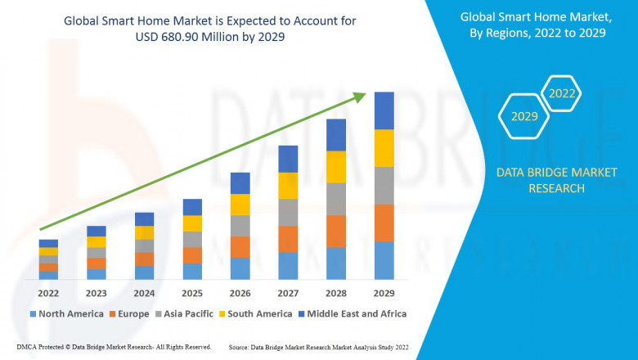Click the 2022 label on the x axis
click(48, 293)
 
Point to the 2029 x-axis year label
click(384, 293)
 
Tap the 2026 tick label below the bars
click(240, 293)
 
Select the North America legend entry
click(66, 313)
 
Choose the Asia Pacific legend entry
click(183, 313)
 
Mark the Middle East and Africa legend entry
click(353, 313)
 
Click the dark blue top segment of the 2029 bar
click(384, 110)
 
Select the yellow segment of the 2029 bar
click(384, 148)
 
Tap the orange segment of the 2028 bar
click(336, 232)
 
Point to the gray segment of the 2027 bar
click(288, 213)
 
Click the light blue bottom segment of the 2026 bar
click(240, 269)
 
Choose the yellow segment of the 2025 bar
click(192, 223)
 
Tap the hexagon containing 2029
click(524, 117)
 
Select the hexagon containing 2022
click(561, 94)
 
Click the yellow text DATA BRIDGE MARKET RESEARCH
click(540, 180)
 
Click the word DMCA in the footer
click(27, 348)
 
